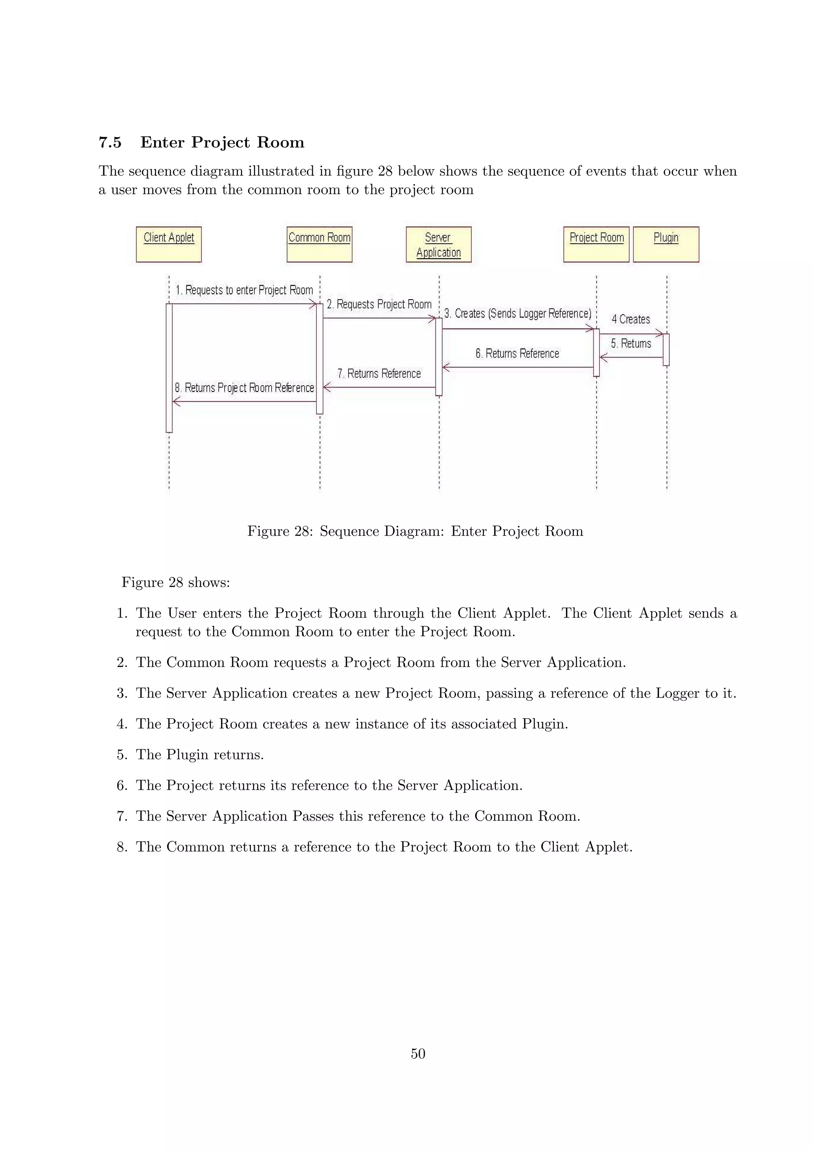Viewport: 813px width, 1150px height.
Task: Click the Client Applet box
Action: [x=169, y=244]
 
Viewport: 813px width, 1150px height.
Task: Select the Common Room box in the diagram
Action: [x=319, y=244]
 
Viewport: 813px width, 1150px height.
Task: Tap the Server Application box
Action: [x=438, y=244]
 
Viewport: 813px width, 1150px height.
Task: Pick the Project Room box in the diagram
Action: [x=596, y=244]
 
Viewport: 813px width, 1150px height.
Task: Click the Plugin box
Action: [x=666, y=244]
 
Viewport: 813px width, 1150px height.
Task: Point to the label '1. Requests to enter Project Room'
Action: [x=244, y=290]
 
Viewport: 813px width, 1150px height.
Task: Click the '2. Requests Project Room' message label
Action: [x=379, y=304]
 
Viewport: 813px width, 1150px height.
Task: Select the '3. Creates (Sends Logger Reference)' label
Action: [x=518, y=313]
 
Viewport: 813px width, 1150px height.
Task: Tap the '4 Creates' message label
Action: [x=631, y=319]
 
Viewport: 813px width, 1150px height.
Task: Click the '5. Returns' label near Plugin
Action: [x=631, y=344]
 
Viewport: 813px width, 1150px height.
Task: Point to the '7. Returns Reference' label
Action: [x=379, y=374]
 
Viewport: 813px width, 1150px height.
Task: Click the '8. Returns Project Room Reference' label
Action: [x=244, y=388]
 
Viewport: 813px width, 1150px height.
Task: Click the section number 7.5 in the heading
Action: [x=110, y=143]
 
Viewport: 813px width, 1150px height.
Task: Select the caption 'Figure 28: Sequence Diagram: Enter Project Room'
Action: [x=415, y=531]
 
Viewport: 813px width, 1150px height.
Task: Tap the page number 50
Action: [x=418, y=1053]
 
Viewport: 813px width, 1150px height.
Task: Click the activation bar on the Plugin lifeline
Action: [x=666, y=350]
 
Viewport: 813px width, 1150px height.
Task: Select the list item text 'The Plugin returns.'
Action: [x=200, y=755]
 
